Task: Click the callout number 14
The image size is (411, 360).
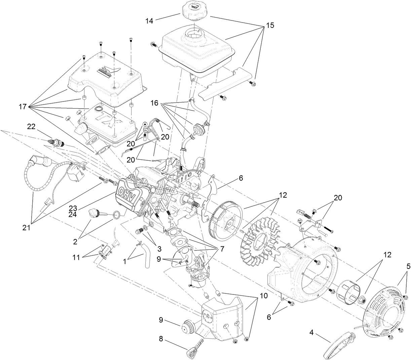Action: coord(149,21)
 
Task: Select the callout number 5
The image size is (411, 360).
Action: coord(408,257)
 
